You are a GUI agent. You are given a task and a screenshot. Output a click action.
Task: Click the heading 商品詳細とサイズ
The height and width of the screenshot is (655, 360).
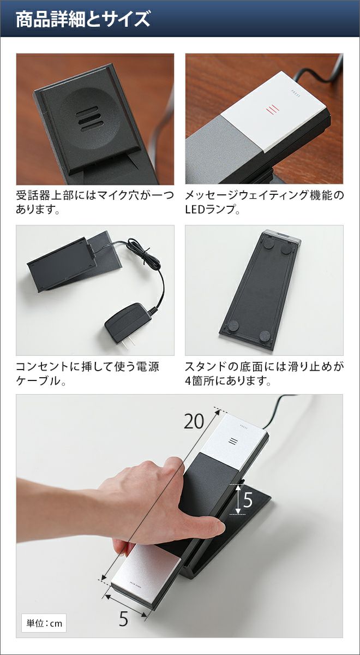click(x=83, y=19)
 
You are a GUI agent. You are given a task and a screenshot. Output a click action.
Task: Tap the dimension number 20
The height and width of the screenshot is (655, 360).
click(x=194, y=421)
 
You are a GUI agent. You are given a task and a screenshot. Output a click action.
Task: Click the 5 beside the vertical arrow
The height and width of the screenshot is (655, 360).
click(x=248, y=500)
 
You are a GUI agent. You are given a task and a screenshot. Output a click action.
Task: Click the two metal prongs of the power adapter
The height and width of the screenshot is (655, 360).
click(x=129, y=343)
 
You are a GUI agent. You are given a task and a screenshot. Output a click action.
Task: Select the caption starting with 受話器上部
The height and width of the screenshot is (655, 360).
click(x=95, y=203)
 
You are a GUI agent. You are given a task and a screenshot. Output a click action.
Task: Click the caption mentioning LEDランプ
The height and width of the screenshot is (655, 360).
click(x=265, y=203)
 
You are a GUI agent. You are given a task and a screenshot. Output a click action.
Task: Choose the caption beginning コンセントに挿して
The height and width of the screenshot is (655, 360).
click(x=87, y=374)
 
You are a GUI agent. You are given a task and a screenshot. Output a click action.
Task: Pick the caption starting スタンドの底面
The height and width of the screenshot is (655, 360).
click(x=265, y=374)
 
